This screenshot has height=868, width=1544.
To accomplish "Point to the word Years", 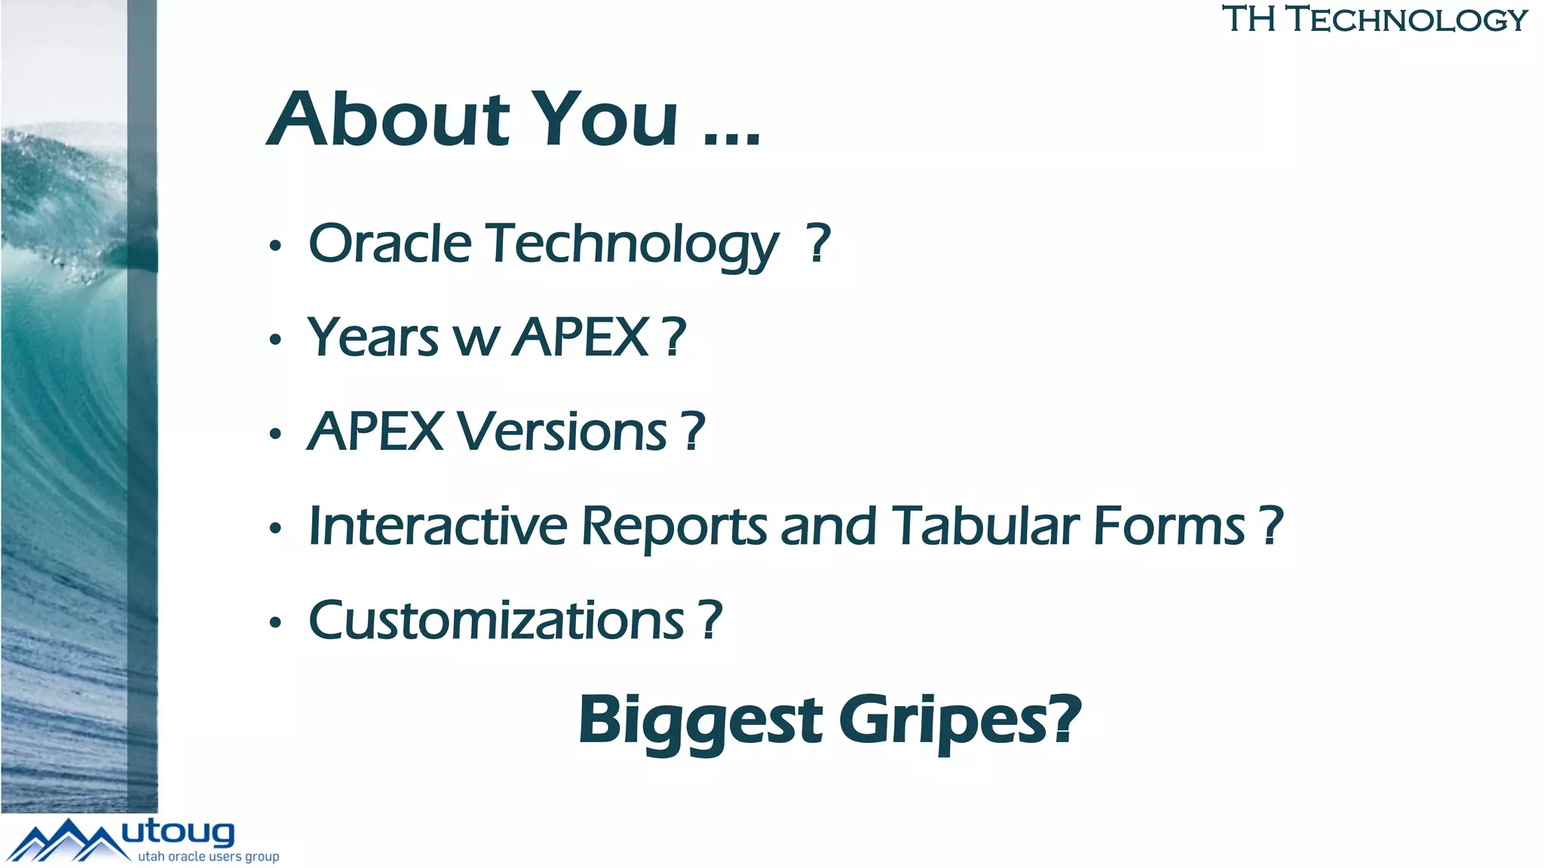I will pos(372,337).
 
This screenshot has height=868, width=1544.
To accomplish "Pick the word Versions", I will pos(562,432).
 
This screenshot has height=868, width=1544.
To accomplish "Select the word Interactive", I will pos(438,525).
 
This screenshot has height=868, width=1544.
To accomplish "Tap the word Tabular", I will pos(988,525).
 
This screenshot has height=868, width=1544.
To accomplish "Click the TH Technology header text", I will pos(1374,20).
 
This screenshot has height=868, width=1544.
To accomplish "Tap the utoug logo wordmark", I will pos(178,832).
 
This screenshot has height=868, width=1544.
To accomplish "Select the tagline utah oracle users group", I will pos(208,857).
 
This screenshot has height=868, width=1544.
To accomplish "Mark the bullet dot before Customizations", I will pos(275,622).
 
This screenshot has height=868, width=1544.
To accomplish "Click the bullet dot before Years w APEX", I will pos(275,340).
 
